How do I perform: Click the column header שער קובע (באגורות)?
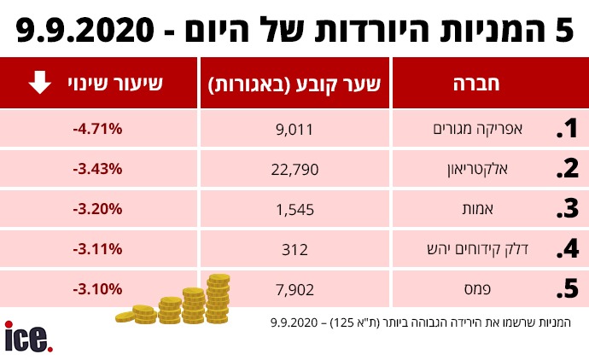click(x=294, y=84)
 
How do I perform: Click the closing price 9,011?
click(x=294, y=129)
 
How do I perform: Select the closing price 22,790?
click(x=294, y=169)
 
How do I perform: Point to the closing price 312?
click(x=294, y=249)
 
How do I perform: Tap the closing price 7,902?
click(x=294, y=289)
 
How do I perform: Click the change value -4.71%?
click(x=98, y=129)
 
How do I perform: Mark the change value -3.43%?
click(x=98, y=169)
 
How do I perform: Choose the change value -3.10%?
click(x=98, y=289)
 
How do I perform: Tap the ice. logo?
click(x=28, y=338)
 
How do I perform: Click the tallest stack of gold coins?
click(x=218, y=297)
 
